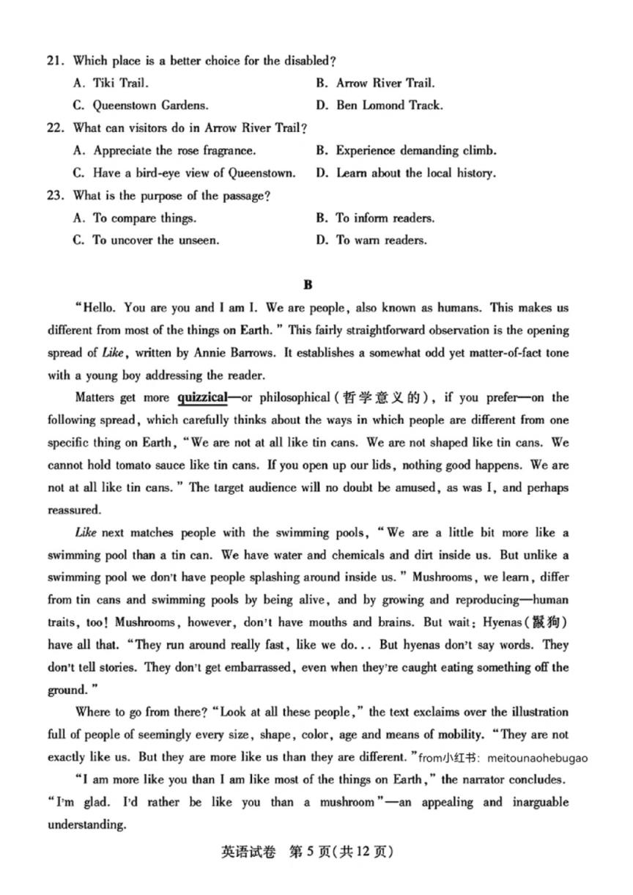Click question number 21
(x=56, y=61)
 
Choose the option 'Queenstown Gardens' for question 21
(x=140, y=106)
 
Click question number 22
(x=56, y=128)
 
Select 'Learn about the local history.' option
(x=415, y=174)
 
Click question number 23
(x=56, y=196)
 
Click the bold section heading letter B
(x=308, y=285)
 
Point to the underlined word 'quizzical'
(x=202, y=398)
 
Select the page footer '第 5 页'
(x=316, y=852)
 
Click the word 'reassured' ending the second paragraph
(x=75, y=510)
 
